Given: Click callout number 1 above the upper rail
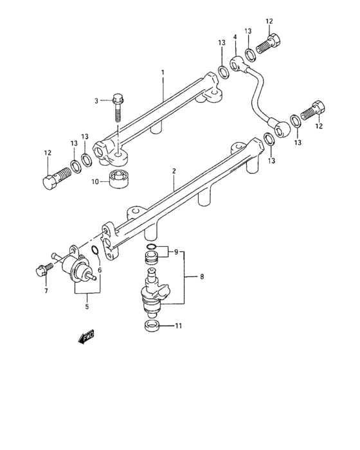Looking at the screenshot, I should pos(163,75).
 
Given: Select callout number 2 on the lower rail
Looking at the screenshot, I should pos(174,172).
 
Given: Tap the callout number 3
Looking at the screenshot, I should pos(96,101).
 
